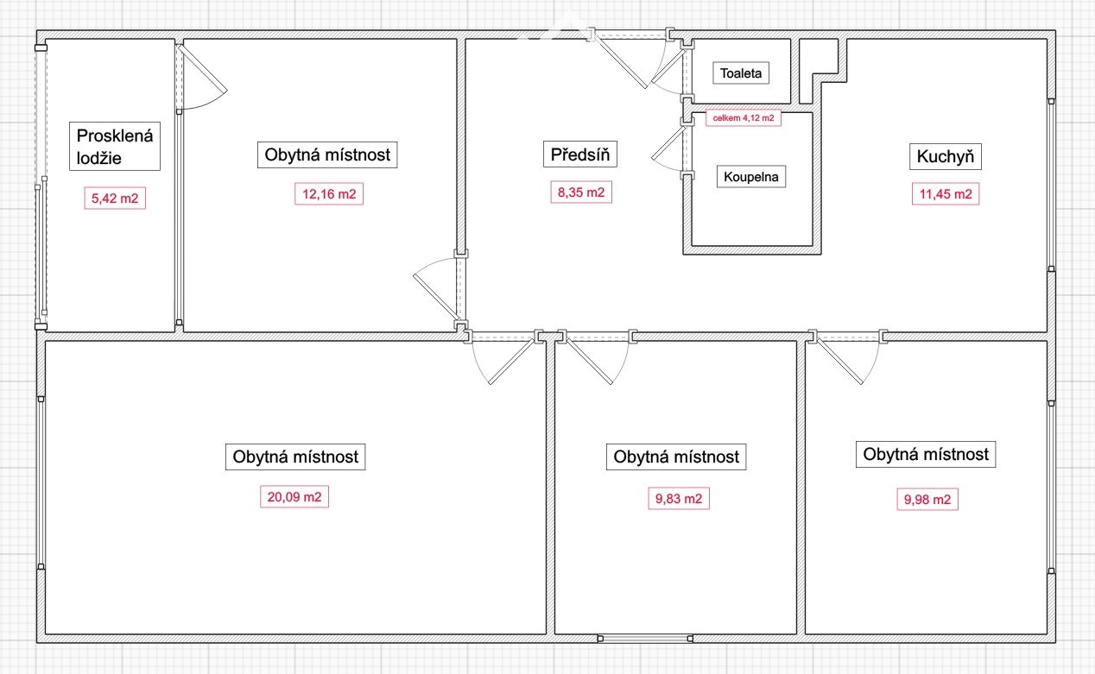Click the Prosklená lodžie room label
tap(115, 146)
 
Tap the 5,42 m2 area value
tap(115, 198)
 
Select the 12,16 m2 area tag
tap(329, 194)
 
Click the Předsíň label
tap(580, 154)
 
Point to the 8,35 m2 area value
tap(581, 192)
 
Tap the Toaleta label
tap(741, 73)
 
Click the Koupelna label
tap(751, 176)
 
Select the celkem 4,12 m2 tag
tap(744, 117)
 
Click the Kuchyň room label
tap(946, 156)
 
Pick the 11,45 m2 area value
tap(946, 194)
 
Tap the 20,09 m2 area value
tap(294, 497)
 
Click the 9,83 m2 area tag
tap(679, 498)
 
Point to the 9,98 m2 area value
tap(927, 499)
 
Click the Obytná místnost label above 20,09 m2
tap(295, 457)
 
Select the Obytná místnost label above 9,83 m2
tap(676, 457)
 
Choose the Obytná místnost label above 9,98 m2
tap(926, 454)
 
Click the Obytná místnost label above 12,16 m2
tap(327, 154)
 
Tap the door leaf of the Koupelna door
tap(668, 142)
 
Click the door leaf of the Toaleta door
tap(668, 65)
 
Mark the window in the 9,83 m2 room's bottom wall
tap(645, 639)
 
